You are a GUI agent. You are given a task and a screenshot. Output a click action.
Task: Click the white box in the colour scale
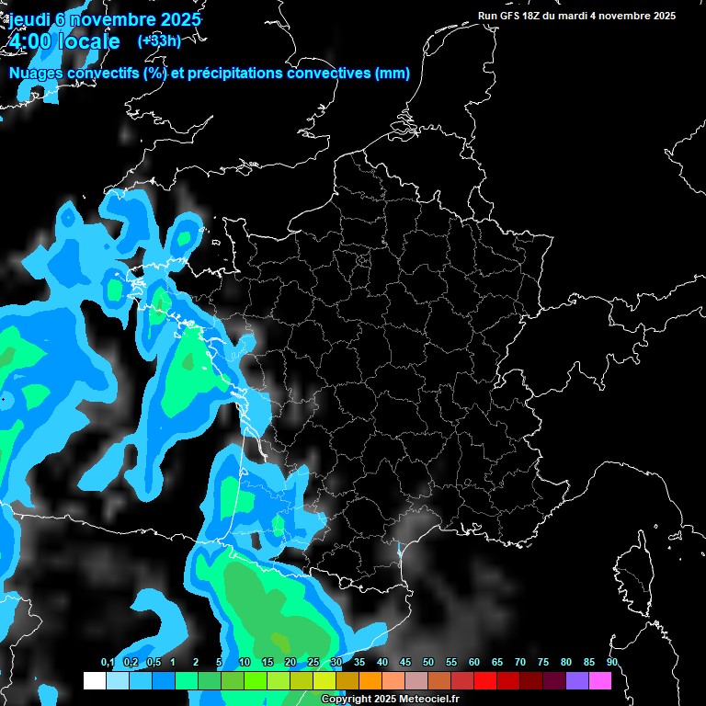pyautogui.click(x=95, y=680)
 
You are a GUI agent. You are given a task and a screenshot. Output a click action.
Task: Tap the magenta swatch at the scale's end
pyautogui.click(x=600, y=680)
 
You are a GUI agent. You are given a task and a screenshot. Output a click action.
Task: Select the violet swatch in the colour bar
pyautogui.click(x=577, y=680)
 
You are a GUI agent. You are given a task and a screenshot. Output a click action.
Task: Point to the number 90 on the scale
pyautogui.click(x=612, y=662)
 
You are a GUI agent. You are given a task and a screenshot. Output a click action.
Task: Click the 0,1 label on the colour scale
pyautogui.click(x=107, y=662)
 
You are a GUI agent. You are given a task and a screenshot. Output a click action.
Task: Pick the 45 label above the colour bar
pyautogui.click(x=405, y=662)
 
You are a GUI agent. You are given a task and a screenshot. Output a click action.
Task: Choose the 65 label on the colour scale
pyautogui.click(x=497, y=662)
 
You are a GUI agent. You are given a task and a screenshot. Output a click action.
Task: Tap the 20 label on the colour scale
pyautogui.click(x=290, y=662)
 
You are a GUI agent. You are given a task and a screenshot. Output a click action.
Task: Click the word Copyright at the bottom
pyautogui.click(x=347, y=700)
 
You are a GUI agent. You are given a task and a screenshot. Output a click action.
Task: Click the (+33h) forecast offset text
pyautogui.click(x=159, y=40)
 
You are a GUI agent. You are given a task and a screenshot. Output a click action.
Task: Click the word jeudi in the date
pyautogui.click(x=32, y=18)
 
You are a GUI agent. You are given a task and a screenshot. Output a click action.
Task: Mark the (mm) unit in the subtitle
pyautogui.click(x=393, y=74)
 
